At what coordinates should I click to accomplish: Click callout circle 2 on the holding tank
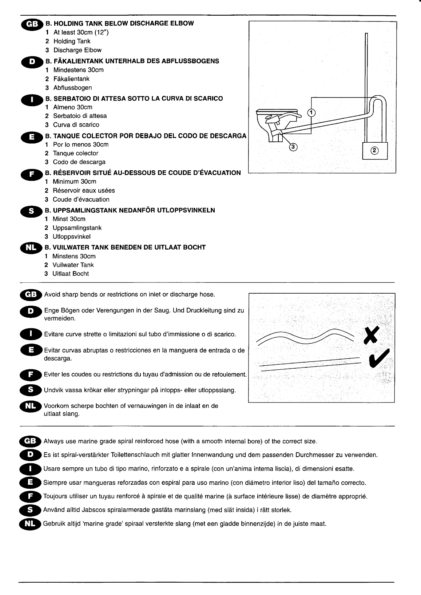[374, 150]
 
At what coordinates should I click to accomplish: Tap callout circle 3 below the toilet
[293, 147]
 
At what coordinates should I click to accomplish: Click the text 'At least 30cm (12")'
[81, 32]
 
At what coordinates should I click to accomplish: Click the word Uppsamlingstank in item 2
[77, 228]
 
